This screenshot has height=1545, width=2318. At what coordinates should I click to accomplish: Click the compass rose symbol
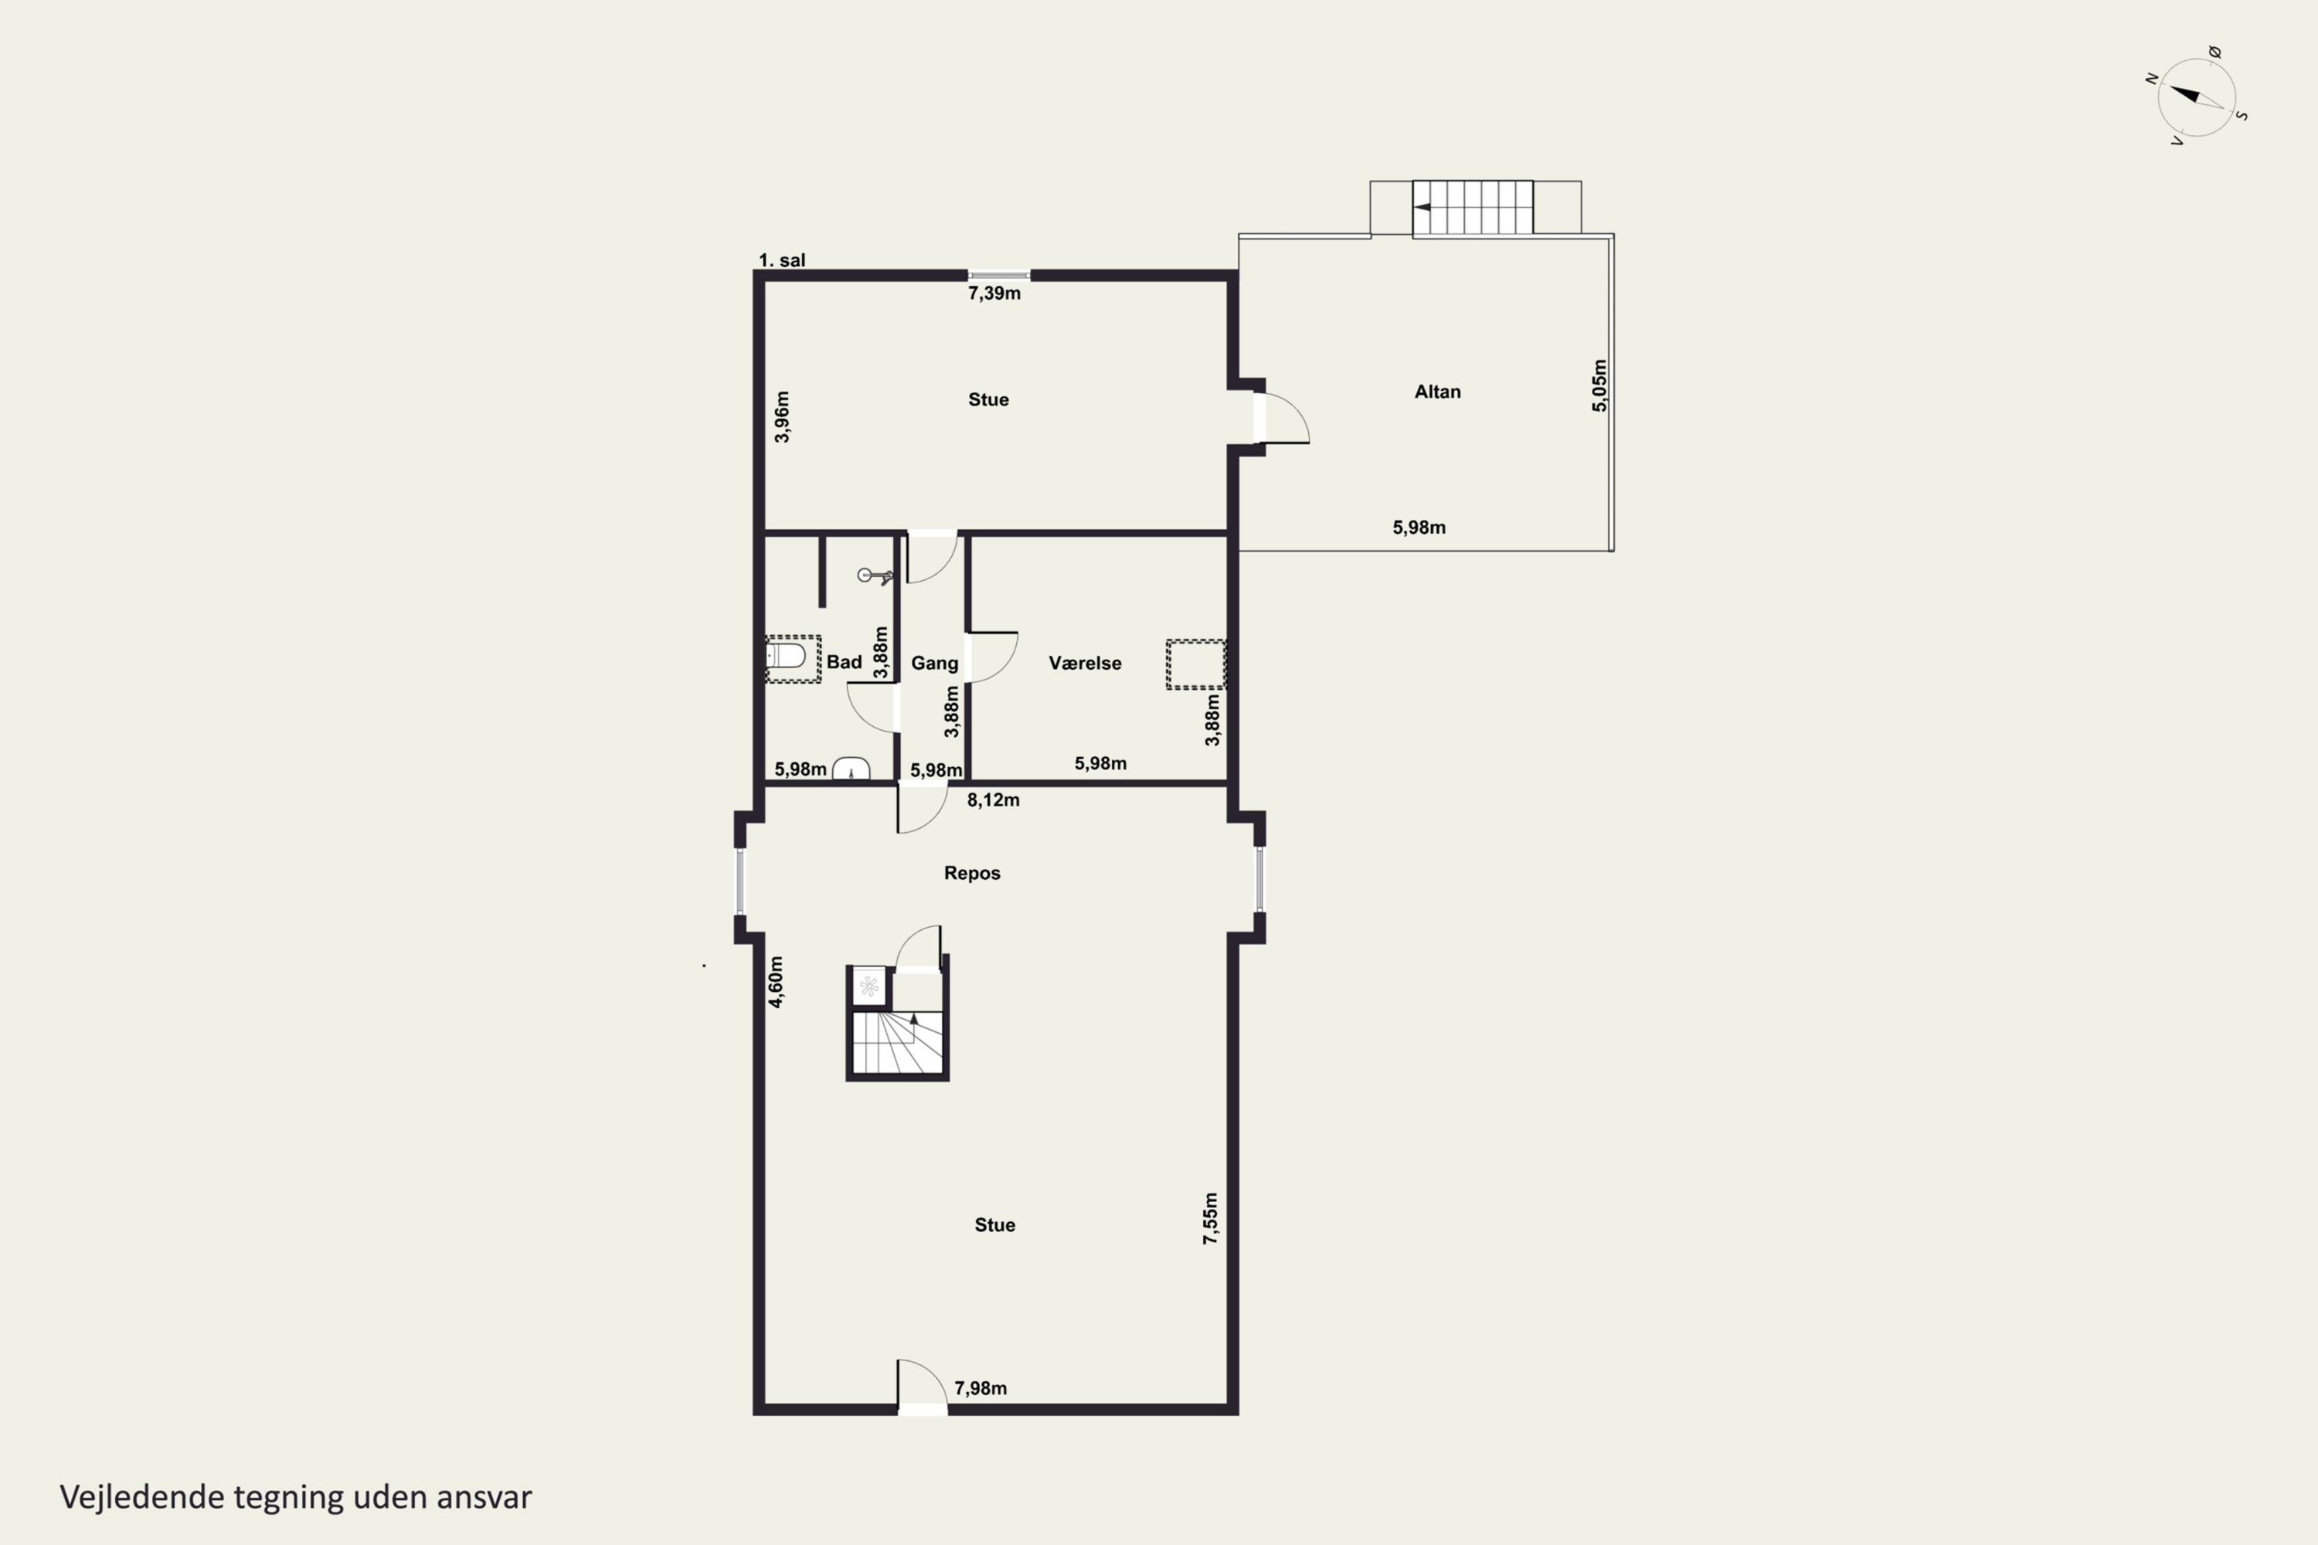(x=2196, y=96)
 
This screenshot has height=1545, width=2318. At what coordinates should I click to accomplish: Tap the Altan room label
(x=1437, y=391)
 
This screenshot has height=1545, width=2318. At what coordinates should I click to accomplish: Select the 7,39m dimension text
(x=994, y=293)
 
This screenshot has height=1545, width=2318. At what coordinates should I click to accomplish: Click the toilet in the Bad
(x=787, y=655)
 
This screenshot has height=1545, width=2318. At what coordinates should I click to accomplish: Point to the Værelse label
(x=1084, y=663)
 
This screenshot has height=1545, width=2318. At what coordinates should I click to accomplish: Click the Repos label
(x=972, y=873)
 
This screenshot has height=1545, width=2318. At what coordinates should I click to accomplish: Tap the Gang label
(x=934, y=663)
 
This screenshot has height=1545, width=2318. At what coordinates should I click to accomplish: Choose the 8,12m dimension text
(x=994, y=800)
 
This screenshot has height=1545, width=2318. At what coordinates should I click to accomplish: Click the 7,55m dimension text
(x=1210, y=1218)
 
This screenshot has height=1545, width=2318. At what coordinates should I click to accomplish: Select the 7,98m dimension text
(x=981, y=1388)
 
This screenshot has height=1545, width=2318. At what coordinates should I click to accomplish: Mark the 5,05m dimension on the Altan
(x=1599, y=385)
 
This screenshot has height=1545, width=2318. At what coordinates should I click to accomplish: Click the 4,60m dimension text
(x=776, y=981)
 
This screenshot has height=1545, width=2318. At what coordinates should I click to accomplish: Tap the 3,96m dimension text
(x=781, y=417)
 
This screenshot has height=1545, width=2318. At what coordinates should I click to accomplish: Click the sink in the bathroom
(x=851, y=769)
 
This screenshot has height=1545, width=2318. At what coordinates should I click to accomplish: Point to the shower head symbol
(x=874, y=576)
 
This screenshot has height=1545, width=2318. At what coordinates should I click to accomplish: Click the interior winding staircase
(x=897, y=1042)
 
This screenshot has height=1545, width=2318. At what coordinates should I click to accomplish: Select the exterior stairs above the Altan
(x=1473, y=207)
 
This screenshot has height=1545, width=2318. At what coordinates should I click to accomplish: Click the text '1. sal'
(x=781, y=260)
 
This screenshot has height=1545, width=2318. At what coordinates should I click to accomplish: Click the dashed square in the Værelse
(x=1196, y=664)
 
